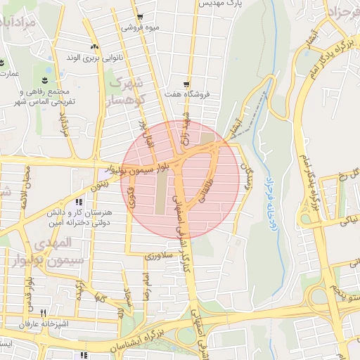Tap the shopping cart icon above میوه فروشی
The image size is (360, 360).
click(x=140, y=18)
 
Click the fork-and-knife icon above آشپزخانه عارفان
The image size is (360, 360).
click(x=43, y=313)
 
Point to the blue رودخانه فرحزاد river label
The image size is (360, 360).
click(x=268, y=203)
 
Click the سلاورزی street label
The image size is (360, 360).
click(x=158, y=257)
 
